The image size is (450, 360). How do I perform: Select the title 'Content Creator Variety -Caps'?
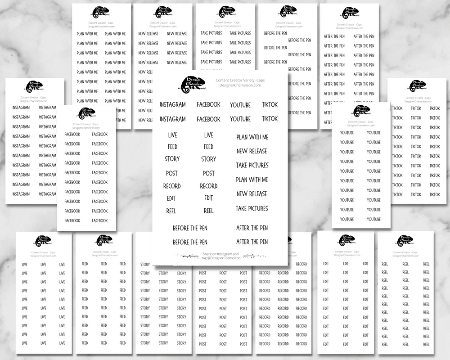coord(240,80)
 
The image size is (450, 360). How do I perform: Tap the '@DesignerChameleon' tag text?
coord(220,258)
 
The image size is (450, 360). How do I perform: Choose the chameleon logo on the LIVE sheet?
coord(43,241)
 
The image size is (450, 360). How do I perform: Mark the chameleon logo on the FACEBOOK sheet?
coord(86,113)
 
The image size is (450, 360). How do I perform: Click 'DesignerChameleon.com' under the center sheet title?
coord(240,86)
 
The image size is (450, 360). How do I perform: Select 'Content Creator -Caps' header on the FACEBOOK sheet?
coord(86,124)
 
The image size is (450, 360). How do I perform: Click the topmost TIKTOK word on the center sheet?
coord(270,105)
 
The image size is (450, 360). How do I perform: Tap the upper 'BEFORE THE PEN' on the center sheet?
coord(190,228)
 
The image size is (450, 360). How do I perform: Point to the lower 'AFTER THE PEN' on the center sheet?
coord(252,242)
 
